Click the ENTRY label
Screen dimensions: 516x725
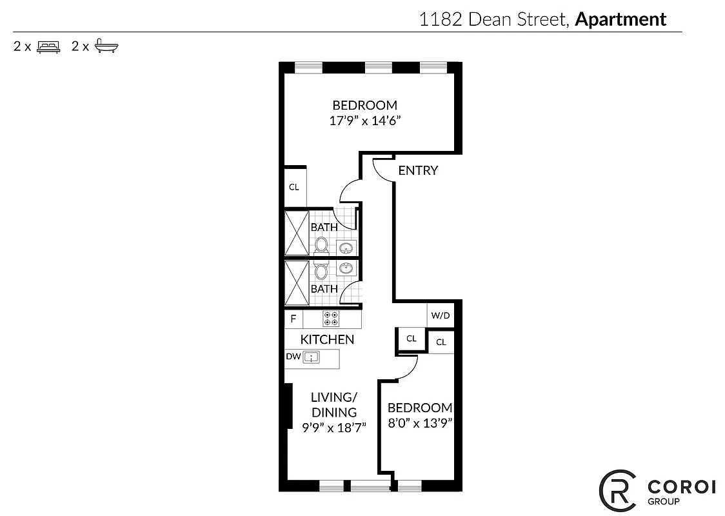click(418, 170)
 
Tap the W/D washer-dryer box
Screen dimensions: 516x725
click(441, 316)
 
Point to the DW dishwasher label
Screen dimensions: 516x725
click(293, 356)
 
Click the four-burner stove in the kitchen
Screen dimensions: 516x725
click(332, 319)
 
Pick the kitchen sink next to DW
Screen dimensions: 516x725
click(312, 357)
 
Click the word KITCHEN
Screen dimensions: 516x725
click(327, 339)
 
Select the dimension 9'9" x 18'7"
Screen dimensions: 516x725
click(334, 426)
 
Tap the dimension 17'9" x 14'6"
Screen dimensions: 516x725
click(364, 121)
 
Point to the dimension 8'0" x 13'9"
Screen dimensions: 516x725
click(419, 424)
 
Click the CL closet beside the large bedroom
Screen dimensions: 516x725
click(294, 187)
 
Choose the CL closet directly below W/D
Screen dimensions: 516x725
click(441, 342)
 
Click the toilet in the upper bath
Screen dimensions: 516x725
click(321, 244)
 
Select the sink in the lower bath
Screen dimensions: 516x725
click(346, 268)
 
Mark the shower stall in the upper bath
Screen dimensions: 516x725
click(297, 232)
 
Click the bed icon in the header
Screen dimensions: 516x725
click(48, 46)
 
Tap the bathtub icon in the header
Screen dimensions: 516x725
click(107, 46)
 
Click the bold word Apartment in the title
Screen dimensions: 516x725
click(620, 19)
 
